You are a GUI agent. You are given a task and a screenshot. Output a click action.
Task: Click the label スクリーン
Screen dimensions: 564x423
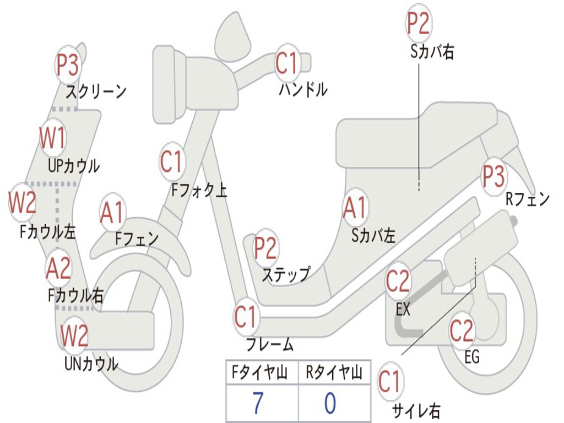pyautogui.click(x=96, y=91)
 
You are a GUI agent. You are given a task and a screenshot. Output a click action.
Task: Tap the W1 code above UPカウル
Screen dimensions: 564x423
pyautogui.click(x=52, y=138)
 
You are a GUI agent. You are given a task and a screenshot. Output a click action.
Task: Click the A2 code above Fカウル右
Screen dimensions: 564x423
pyautogui.click(x=58, y=268)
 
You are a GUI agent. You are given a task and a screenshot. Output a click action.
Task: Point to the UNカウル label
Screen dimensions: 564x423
pyautogui.click(x=91, y=364)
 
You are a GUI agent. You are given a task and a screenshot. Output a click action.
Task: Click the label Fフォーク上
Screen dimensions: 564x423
pyautogui.click(x=199, y=191)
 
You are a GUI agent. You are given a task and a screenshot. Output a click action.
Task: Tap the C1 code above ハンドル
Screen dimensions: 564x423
pyautogui.click(x=286, y=62)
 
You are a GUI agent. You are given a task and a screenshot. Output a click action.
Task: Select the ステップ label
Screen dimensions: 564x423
pyautogui.click(x=285, y=274)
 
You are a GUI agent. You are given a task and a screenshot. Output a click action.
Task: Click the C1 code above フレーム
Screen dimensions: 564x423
pyautogui.click(x=246, y=317)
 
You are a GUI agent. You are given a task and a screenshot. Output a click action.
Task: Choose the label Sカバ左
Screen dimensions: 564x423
pyautogui.click(x=373, y=236)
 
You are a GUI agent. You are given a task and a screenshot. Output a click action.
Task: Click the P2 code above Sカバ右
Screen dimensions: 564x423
pyautogui.click(x=418, y=24)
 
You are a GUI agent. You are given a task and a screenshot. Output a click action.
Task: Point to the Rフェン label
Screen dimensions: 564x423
pyautogui.click(x=528, y=199)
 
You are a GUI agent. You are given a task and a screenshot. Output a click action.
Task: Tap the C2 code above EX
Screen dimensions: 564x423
pyautogui.click(x=398, y=281)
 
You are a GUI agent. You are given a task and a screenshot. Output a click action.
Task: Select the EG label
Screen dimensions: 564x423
pyautogui.click(x=472, y=357)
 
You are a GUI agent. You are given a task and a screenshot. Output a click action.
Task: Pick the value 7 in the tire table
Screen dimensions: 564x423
pyautogui.click(x=258, y=404)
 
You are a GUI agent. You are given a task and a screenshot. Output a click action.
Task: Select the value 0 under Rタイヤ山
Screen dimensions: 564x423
pyautogui.click(x=330, y=404)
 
